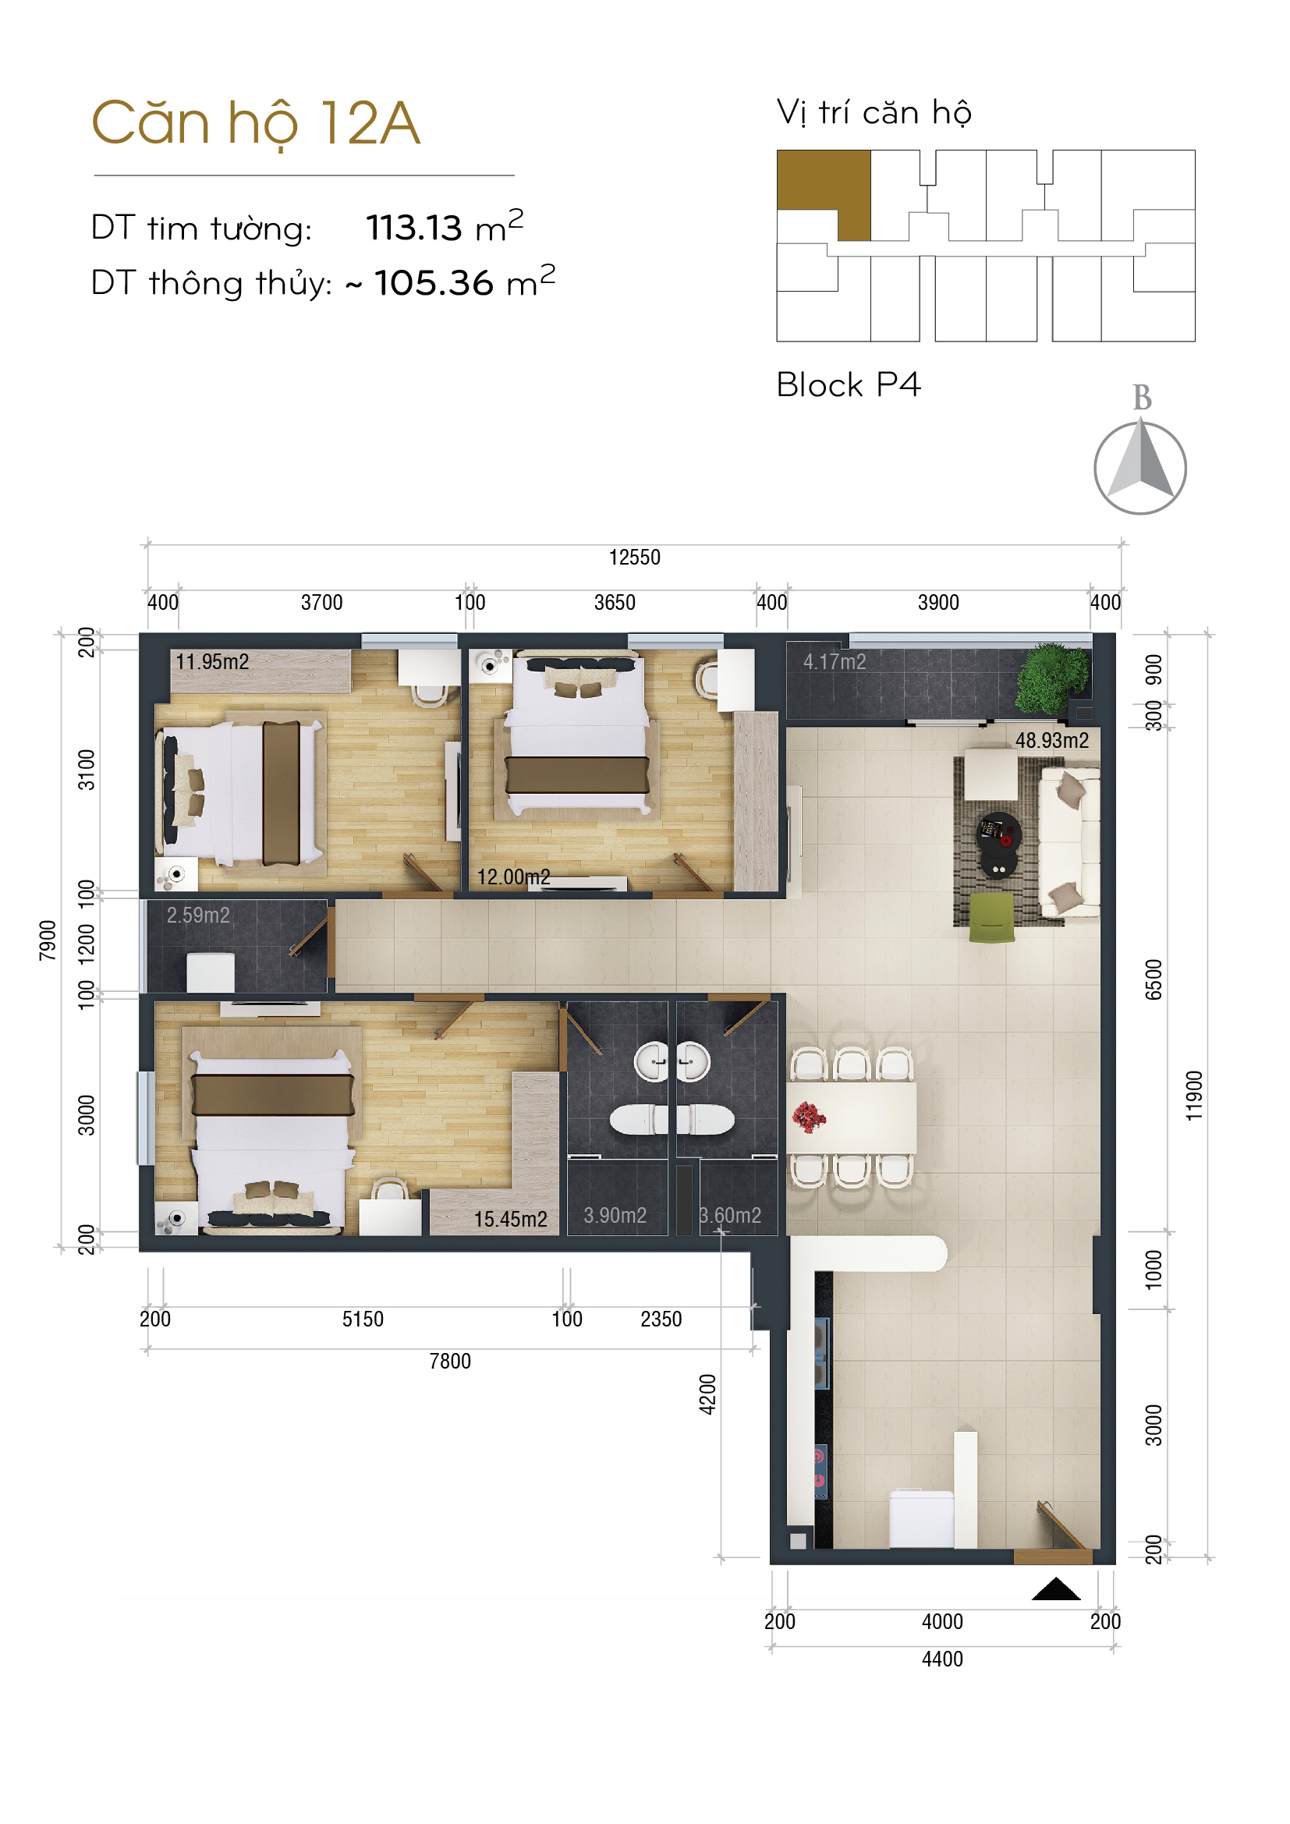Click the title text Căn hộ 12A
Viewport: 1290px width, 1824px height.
256,124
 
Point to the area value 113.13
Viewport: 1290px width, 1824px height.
414,228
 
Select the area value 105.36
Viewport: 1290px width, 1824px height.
434,284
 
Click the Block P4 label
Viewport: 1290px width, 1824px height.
849,385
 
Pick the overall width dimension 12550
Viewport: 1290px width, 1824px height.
635,558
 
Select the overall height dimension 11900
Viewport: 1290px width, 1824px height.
1194,1096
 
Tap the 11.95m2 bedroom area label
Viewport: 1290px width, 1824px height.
212,662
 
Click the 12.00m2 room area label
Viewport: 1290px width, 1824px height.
513,877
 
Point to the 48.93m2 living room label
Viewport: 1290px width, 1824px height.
1051,740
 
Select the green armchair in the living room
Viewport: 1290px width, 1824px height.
991,918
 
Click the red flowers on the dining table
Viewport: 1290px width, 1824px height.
809,1116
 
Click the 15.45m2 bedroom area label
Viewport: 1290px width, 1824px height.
511,1220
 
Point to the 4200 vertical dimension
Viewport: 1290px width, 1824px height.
707,1394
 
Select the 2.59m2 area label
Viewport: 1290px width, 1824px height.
198,916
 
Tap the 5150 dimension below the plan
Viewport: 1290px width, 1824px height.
363,1319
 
